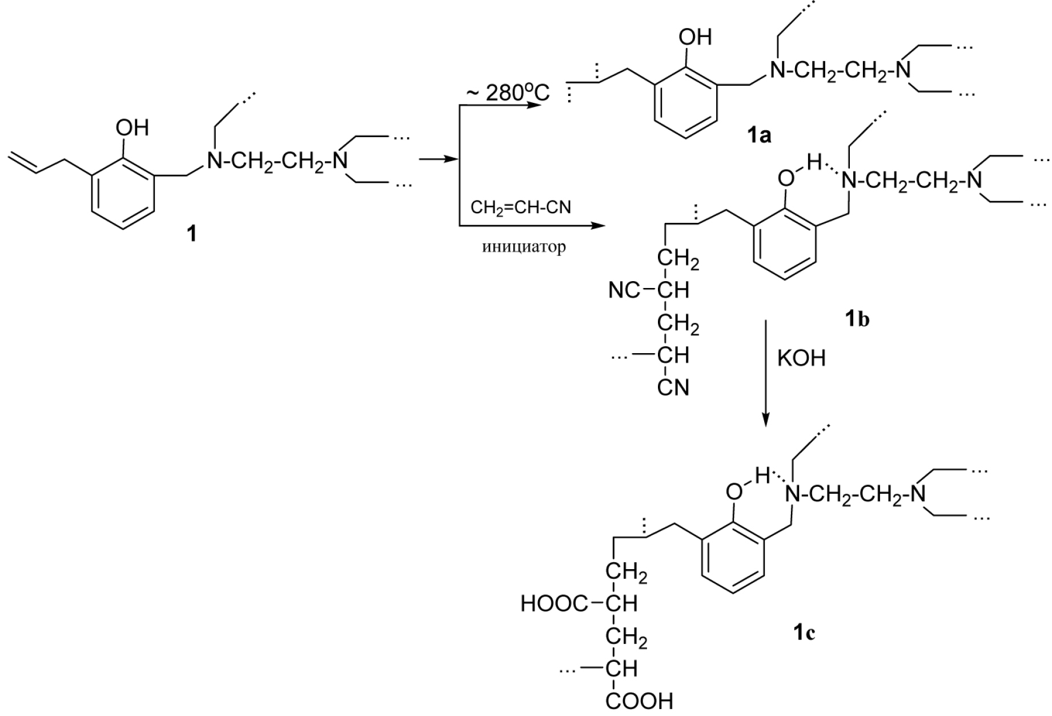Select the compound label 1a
(759, 135)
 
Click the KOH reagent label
(801, 358)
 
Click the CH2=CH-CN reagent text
(520, 207)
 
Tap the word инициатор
(524, 247)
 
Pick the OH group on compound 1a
(694, 38)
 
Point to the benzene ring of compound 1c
(734, 562)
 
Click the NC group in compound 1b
(625, 291)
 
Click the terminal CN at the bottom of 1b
(673, 388)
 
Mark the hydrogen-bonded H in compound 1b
(814, 163)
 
